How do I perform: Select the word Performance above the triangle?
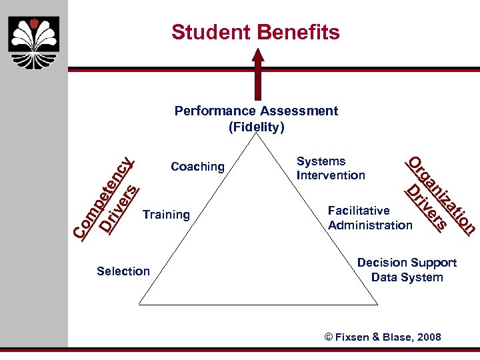[217, 111]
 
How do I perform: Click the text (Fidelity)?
[256, 126]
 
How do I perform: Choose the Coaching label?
[197, 167]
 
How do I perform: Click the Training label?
[166, 215]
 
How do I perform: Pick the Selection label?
[123, 271]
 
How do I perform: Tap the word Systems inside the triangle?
[321, 161]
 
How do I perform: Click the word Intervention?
[331, 175]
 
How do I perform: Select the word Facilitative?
[358, 211]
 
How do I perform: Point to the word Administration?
[370, 225]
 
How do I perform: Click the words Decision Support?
[407, 263]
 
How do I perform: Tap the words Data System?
[407, 277]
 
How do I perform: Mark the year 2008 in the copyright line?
[427, 337]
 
